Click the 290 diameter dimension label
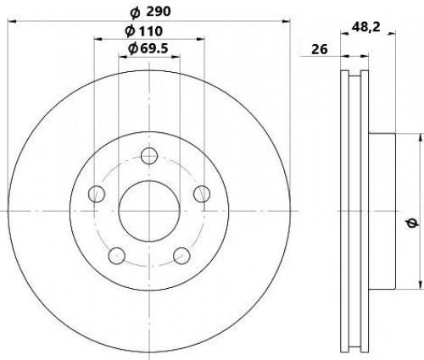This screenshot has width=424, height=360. [150, 12]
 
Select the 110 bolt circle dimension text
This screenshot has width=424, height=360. [144, 31]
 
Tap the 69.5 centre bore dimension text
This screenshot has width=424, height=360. [148, 48]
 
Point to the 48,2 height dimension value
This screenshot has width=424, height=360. [366, 27]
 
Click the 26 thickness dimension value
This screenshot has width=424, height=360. [320, 49]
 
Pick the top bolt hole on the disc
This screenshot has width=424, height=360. [149, 156]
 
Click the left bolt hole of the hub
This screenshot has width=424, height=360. [97, 194]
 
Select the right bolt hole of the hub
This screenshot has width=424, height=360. [202, 194]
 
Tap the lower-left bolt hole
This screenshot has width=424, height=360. [117, 256]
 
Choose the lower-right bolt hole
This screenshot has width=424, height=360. [181, 256]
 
